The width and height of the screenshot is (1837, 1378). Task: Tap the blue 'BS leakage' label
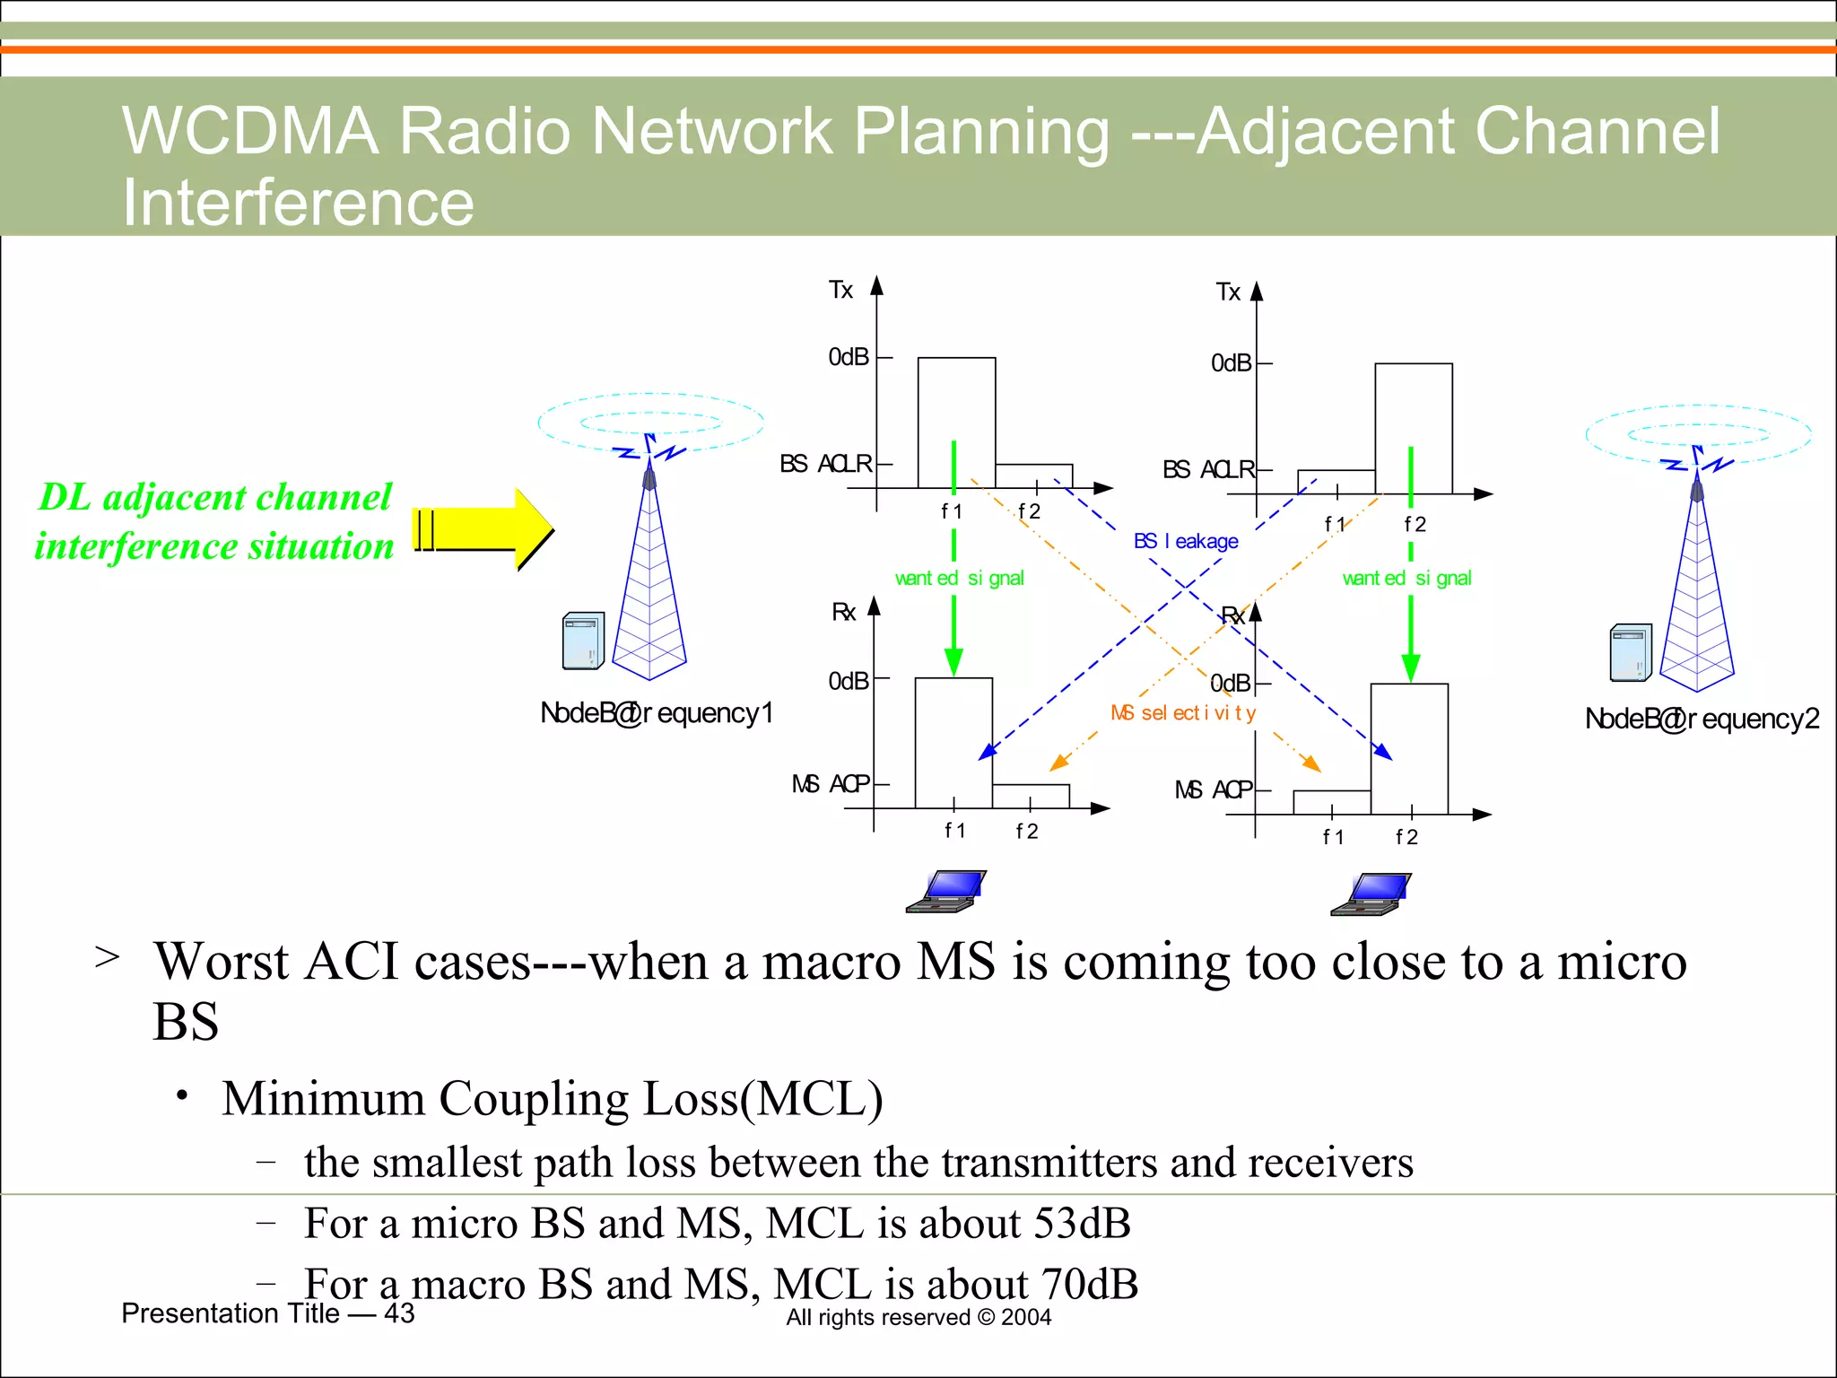(1186, 541)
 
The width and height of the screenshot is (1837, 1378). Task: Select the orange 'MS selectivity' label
(1183, 713)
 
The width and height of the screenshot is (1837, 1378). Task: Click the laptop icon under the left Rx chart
(946, 891)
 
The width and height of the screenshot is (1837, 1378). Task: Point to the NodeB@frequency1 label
(656, 713)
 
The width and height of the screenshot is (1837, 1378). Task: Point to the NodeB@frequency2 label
(1702, 719)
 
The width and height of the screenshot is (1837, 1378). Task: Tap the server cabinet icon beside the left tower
(583, 641)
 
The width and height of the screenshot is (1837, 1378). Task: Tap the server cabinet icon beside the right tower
(1630, 652)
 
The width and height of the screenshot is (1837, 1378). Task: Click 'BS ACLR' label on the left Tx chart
(825, 464)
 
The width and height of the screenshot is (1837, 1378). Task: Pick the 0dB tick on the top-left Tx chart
(849, 357)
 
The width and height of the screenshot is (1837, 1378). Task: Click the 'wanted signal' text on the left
(959, 579)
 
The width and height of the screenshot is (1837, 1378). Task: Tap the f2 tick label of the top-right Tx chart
(1415, 524)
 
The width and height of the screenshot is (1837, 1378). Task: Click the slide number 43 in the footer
(399, 1313)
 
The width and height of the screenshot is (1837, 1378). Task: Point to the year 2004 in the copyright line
(1026, 1317)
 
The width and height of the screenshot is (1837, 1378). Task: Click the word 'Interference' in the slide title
(298, 202)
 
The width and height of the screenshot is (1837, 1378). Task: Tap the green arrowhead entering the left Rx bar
(953, 661)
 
